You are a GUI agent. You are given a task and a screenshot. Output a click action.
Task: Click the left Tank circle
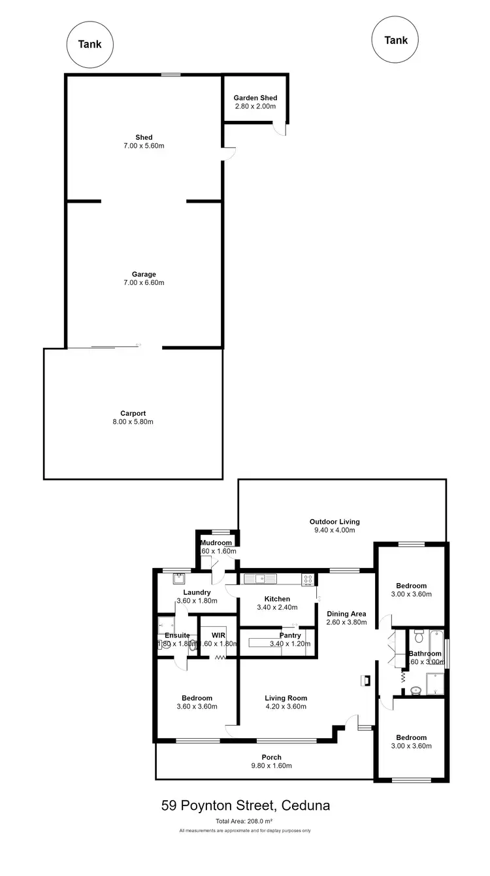point(90,44)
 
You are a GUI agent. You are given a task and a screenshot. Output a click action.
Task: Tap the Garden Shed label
point(255,98)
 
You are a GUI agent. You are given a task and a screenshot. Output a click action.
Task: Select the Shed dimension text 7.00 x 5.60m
point(144,146)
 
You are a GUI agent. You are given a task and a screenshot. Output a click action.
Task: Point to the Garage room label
point(144,275)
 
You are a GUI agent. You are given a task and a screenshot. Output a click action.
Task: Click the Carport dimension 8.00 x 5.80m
point(133,422)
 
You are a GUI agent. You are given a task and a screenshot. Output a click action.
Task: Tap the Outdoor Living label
point(335,522)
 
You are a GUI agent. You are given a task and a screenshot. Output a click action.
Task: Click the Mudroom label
point(216,543)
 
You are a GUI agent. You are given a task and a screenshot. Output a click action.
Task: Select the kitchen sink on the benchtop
point(259,579)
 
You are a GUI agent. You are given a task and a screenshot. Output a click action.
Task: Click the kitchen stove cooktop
point(307,579)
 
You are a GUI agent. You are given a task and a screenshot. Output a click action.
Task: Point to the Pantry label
point(290,635)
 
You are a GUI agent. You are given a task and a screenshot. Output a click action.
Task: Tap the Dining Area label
point(346,614)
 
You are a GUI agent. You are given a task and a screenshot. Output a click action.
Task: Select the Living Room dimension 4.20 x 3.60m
point(286,706)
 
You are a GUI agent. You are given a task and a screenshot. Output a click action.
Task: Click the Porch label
point(272,758)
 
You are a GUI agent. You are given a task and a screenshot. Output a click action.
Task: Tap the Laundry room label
point(197,592)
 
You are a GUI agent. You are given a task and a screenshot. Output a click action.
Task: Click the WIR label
point(218,635)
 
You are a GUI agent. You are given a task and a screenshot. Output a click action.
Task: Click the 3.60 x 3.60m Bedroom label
point(197,698)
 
